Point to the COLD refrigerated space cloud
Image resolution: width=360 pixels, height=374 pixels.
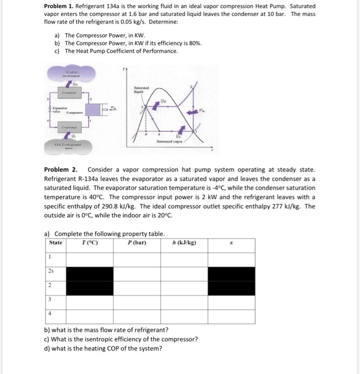coord(71,145)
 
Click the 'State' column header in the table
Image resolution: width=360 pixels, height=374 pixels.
coord(56,243)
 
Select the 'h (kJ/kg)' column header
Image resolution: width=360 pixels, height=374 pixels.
coord(184,243)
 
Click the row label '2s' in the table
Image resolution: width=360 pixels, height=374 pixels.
coord(50,270)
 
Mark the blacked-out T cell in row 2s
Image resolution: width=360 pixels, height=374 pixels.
coord(89,274)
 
